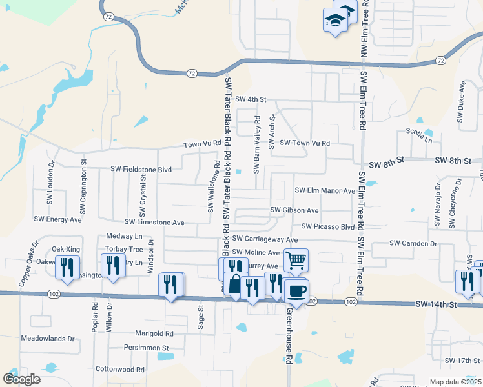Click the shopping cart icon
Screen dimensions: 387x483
(x=296, y=261)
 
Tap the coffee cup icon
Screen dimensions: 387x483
(x=296, y=291)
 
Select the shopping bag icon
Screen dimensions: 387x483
(x=236, y=284)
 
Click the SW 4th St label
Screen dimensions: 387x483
(x=251, y=99)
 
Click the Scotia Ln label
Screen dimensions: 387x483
(x=419, y=131)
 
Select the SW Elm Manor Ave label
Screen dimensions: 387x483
(x=325, y=191)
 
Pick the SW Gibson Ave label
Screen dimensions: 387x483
(x=294, y=210)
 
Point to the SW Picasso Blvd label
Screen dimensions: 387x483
(x=328, y=227)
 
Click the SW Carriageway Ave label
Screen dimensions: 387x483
(x=265, y=239)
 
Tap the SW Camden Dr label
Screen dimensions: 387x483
(x=414, y=243)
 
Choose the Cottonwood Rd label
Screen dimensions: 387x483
(x=120, y=370)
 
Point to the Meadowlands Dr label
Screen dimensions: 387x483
(x=48, y=338)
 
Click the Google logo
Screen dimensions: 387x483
(x=22, y=379)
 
